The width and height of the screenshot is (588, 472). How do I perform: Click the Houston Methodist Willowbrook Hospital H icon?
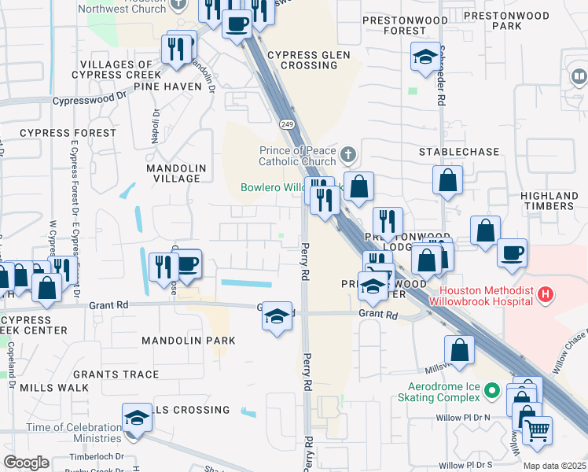click(x=546, y=296)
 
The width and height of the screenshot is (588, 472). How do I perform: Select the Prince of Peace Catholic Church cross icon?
click(x=347, y=153)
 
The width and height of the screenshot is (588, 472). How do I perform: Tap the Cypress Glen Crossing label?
click(x=303, y=60)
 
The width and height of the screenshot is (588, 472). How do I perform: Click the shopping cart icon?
click(x=537, y=430)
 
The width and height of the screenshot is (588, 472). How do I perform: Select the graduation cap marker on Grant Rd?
click(x=277, y=316)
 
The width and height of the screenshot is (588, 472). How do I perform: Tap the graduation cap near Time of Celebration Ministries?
click(x=137, y=418)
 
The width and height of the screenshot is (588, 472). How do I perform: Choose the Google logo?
click(x=26, y=462)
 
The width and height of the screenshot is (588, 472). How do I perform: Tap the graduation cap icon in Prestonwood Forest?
click(x=425, y=57)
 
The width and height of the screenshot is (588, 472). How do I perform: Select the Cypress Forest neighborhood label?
click(x=57, y=133)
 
